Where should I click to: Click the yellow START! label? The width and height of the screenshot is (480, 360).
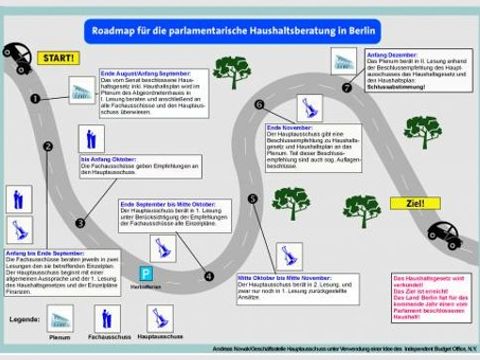57,58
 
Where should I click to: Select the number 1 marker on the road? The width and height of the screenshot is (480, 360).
35,99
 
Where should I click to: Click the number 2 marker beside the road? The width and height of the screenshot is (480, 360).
47,147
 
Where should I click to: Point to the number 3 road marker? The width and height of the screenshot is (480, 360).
81,223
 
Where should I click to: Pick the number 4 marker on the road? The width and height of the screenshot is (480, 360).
209,277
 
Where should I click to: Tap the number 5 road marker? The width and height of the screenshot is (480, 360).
253,199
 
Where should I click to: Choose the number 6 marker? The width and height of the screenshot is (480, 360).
259,104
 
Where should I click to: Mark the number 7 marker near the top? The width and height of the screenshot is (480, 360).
347,87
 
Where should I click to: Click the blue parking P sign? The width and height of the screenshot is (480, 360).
146,272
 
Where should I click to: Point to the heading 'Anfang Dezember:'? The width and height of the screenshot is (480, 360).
391,53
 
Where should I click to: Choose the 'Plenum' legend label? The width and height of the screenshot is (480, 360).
60,339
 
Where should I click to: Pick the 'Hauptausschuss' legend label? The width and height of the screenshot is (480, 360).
159,339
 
